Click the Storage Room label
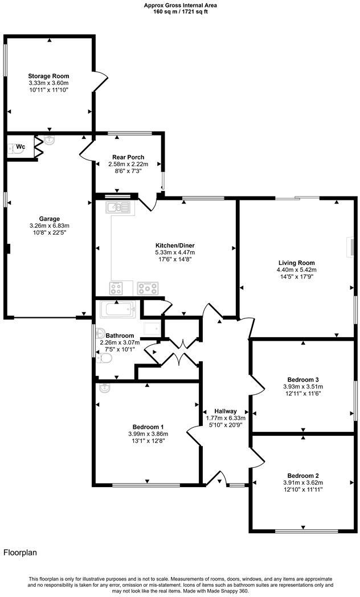click(x=48, y=76)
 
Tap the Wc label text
click(x=21, y=147)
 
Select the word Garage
click(x=49, y=218)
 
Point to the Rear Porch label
click(x=128, y=157)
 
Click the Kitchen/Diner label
click(x=175, y=246)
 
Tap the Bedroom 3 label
click(x=302, y=380)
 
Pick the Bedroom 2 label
click(x=302, y=476)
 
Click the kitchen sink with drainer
click(x=118, y=207)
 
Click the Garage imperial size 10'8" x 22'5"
click(x=49, y=232)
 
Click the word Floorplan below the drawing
click(x=21, y=552)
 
